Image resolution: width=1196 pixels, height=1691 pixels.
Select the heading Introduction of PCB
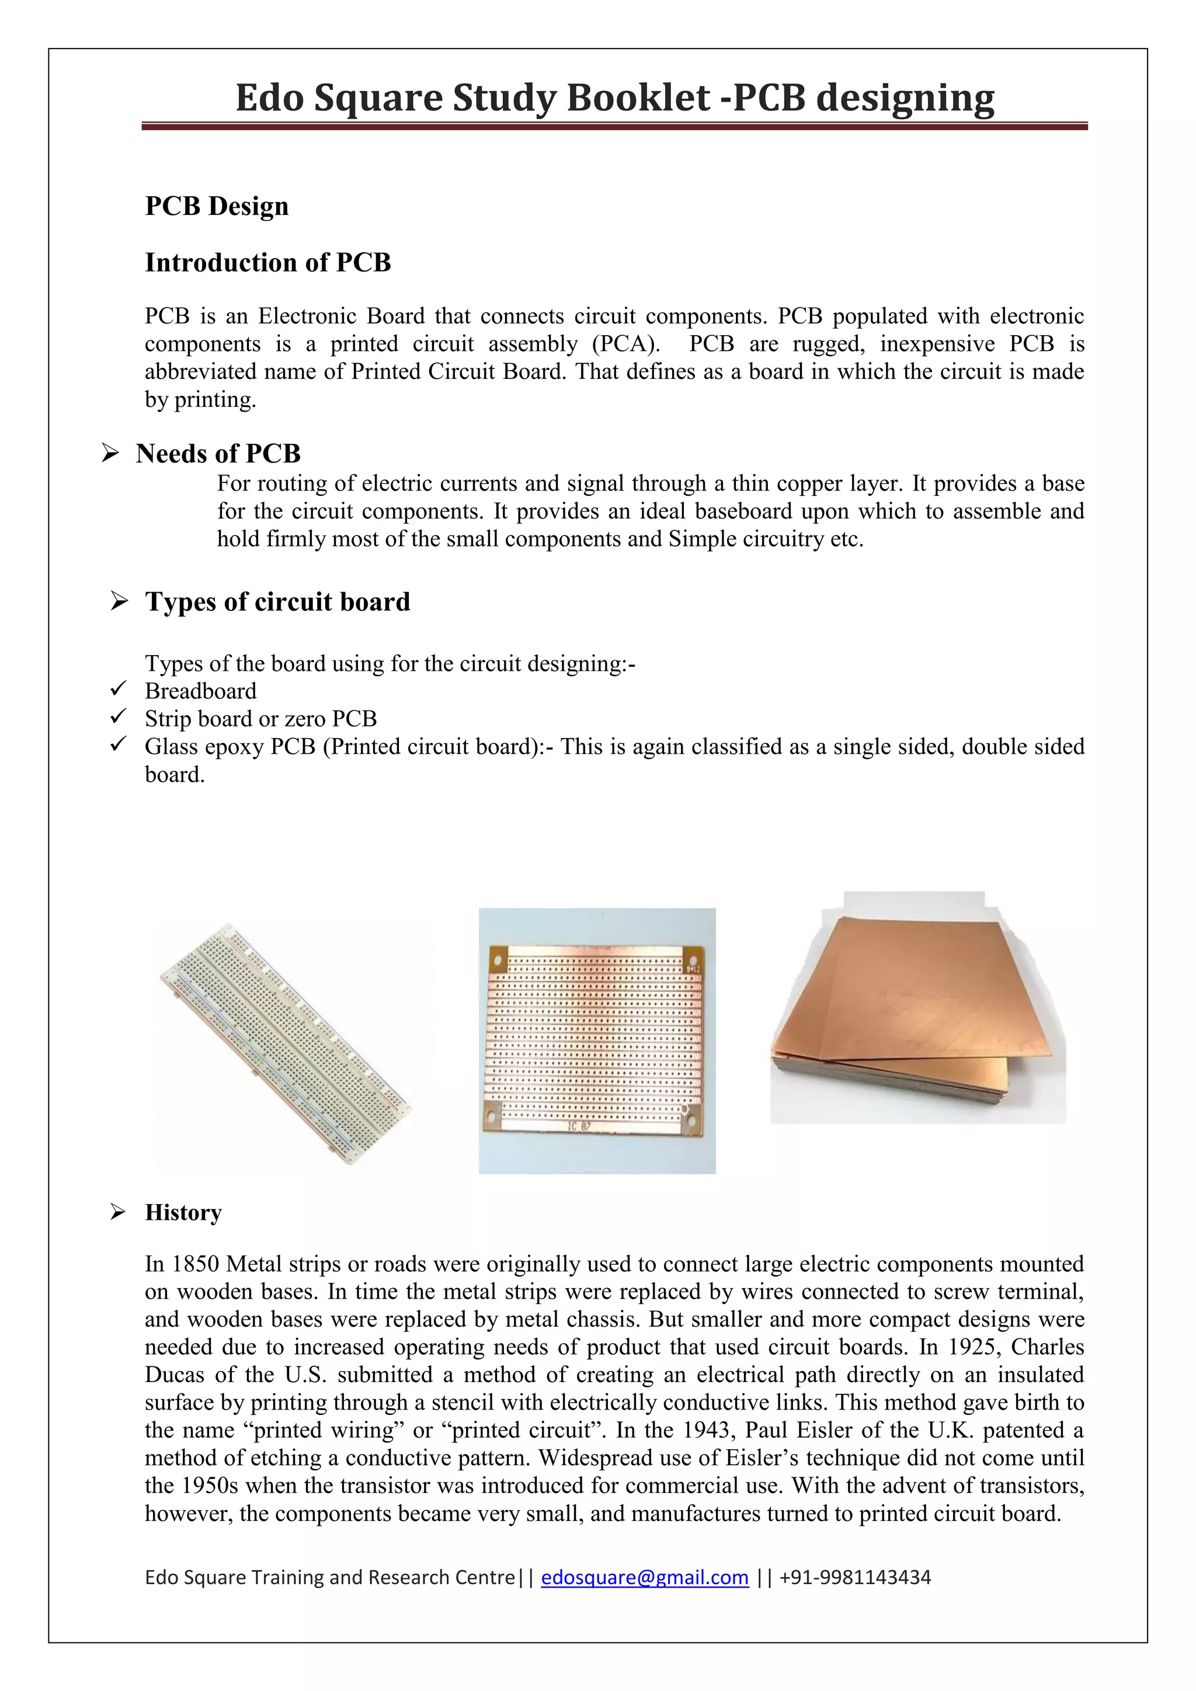click(x=267, y=262)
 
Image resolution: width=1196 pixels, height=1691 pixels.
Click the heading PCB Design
click(x=217, y=206)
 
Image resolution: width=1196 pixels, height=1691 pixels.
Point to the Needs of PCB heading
click(x=218, y=453)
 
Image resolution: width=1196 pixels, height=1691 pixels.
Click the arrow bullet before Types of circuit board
click(x=119, y=601)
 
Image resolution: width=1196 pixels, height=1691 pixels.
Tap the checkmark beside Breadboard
click(x=118, y=690)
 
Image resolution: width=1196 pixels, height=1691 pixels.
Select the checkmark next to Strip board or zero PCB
click(x=118, y=716)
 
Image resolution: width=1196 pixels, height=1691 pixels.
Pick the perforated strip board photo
click(x=596, y=1040)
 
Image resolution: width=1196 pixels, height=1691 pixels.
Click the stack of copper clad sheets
click(x=917, y=1017)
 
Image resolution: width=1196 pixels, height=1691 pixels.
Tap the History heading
click(x=183, y=1212)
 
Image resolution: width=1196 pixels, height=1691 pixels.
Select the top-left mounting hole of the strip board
click(x=497, y=962)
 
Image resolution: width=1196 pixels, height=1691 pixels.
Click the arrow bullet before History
click(x=118, y=1212)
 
